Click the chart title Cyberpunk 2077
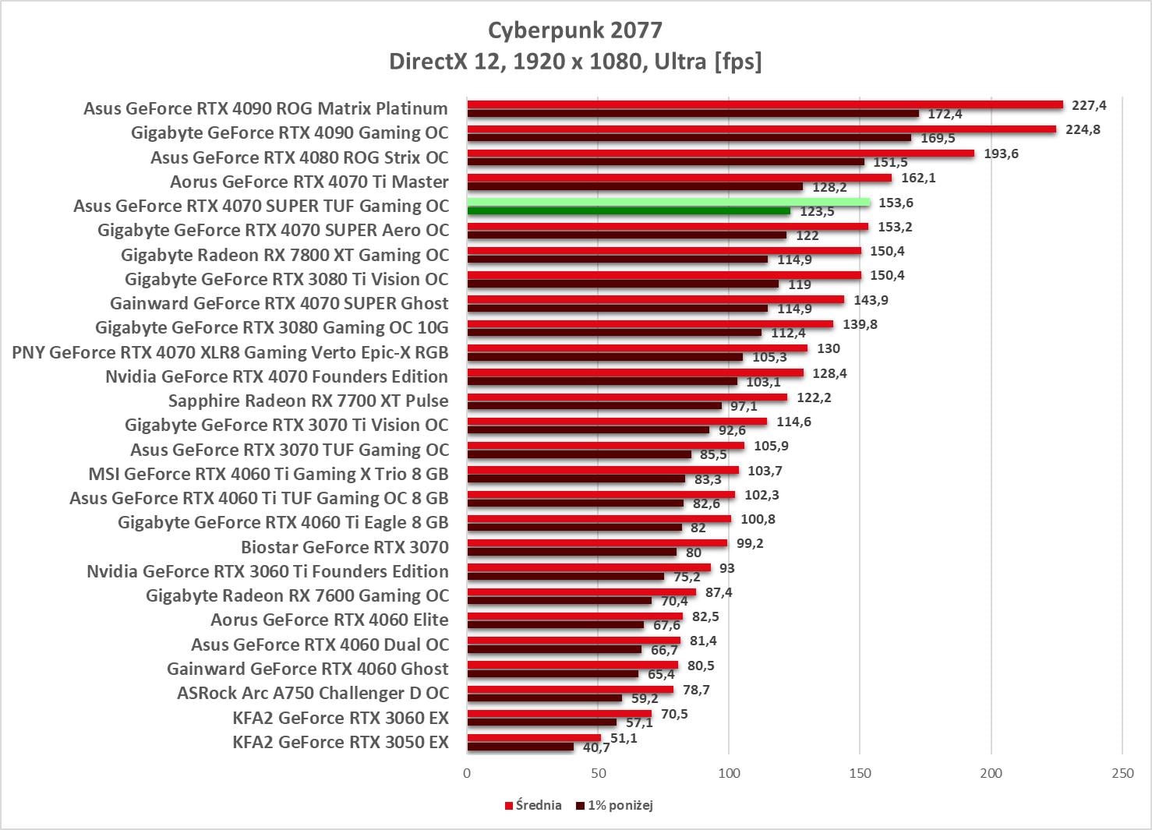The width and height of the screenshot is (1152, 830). [x=575, y=30]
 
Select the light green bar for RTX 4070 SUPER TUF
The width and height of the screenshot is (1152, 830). [x=668, y=203]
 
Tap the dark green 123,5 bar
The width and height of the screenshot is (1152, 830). [x=628, y=211]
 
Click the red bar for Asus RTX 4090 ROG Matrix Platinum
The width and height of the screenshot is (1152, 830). [x=765, y=105]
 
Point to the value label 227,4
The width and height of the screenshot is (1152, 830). [x=1089, y=105]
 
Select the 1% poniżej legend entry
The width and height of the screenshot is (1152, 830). [x=615, y=805]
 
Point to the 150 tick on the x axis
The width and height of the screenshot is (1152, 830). [x=860, y=773]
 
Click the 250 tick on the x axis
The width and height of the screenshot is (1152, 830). [x=1122, y=773]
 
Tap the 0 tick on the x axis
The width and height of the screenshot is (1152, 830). [x=467, y=773]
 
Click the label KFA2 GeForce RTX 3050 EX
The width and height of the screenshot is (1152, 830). [x=341, y=742]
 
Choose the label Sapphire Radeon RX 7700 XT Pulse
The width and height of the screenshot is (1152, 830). [x=309, y=401]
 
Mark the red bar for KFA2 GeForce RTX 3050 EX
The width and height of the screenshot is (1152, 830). [x=534, y=738]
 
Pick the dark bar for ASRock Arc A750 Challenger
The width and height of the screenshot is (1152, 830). [x=544, y=698]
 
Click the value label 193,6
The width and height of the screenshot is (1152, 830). [x=1001, y=154]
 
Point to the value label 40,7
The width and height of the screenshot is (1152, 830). [x=596, y=748]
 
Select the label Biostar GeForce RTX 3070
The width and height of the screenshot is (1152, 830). [x=345, y=547]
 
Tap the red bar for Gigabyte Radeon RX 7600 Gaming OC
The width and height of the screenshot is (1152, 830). [x=581, y=592]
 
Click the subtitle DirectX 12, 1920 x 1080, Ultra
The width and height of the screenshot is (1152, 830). [x=575, y=62]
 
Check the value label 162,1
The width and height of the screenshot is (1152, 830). [x=918, y=178]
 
